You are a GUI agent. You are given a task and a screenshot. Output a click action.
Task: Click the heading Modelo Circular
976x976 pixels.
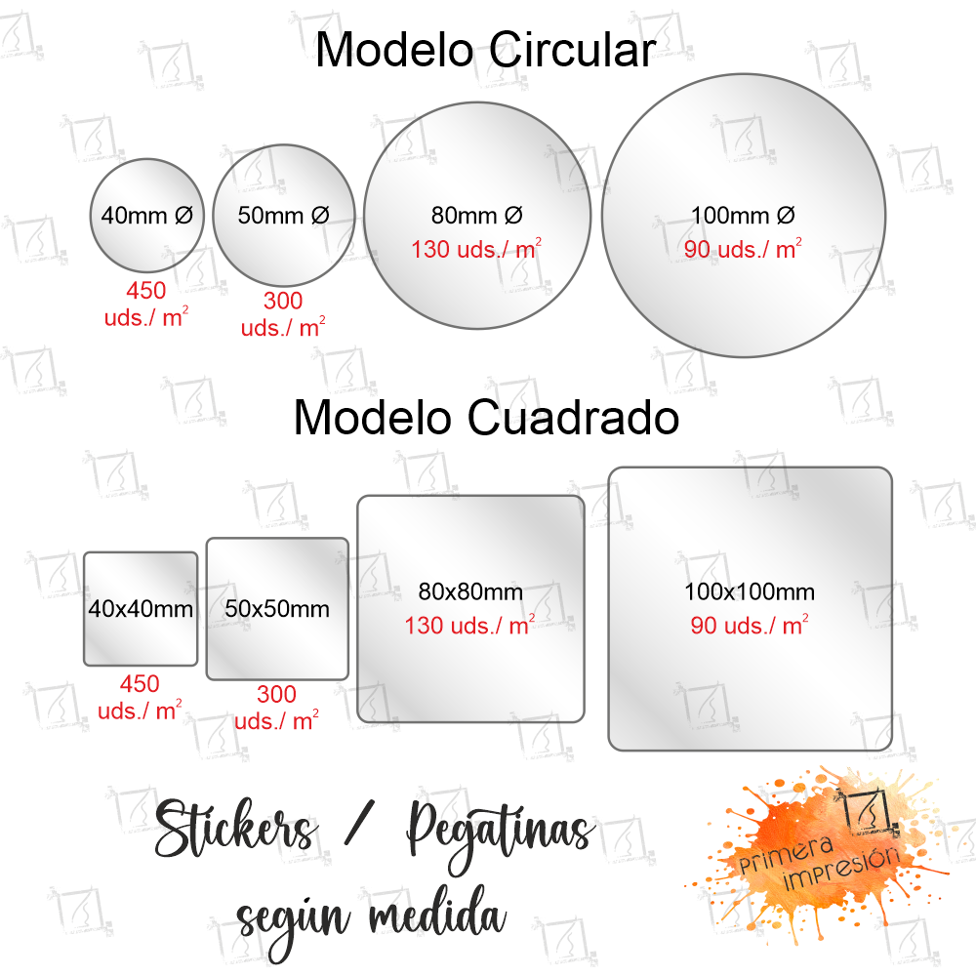point(485,50)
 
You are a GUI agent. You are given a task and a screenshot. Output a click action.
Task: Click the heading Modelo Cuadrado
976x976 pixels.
point(486,417)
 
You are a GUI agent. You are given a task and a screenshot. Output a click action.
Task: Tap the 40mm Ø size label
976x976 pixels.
point(147,216)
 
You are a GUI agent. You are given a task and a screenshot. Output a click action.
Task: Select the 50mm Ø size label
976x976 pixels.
point(284,216)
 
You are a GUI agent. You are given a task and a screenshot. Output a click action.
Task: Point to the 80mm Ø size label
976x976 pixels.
point(477,216)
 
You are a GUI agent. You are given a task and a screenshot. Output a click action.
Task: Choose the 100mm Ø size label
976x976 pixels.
point(743,216)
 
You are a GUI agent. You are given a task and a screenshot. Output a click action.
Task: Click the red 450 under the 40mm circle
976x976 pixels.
point(146,290)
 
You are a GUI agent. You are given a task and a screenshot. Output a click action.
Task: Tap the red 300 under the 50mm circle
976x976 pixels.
point(283,301)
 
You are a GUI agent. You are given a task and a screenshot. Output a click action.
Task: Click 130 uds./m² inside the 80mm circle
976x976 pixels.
point(476,249)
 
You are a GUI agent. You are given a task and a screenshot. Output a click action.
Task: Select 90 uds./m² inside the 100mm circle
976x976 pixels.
point(743,249)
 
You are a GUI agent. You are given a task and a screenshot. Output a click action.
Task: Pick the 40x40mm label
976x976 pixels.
point(141,609)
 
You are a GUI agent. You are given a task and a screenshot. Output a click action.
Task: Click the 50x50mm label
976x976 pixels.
point(277,609)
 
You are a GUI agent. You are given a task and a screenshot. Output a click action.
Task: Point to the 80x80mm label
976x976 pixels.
point(470,591)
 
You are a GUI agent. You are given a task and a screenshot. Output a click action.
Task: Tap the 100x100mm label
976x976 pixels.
point(750,591)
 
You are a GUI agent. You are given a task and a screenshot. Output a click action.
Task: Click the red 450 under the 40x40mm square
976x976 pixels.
point(140,683)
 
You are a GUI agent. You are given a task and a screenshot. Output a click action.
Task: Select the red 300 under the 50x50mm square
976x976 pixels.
point(277,694)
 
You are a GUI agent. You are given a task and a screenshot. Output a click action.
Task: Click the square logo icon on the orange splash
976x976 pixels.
point(871,812)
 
